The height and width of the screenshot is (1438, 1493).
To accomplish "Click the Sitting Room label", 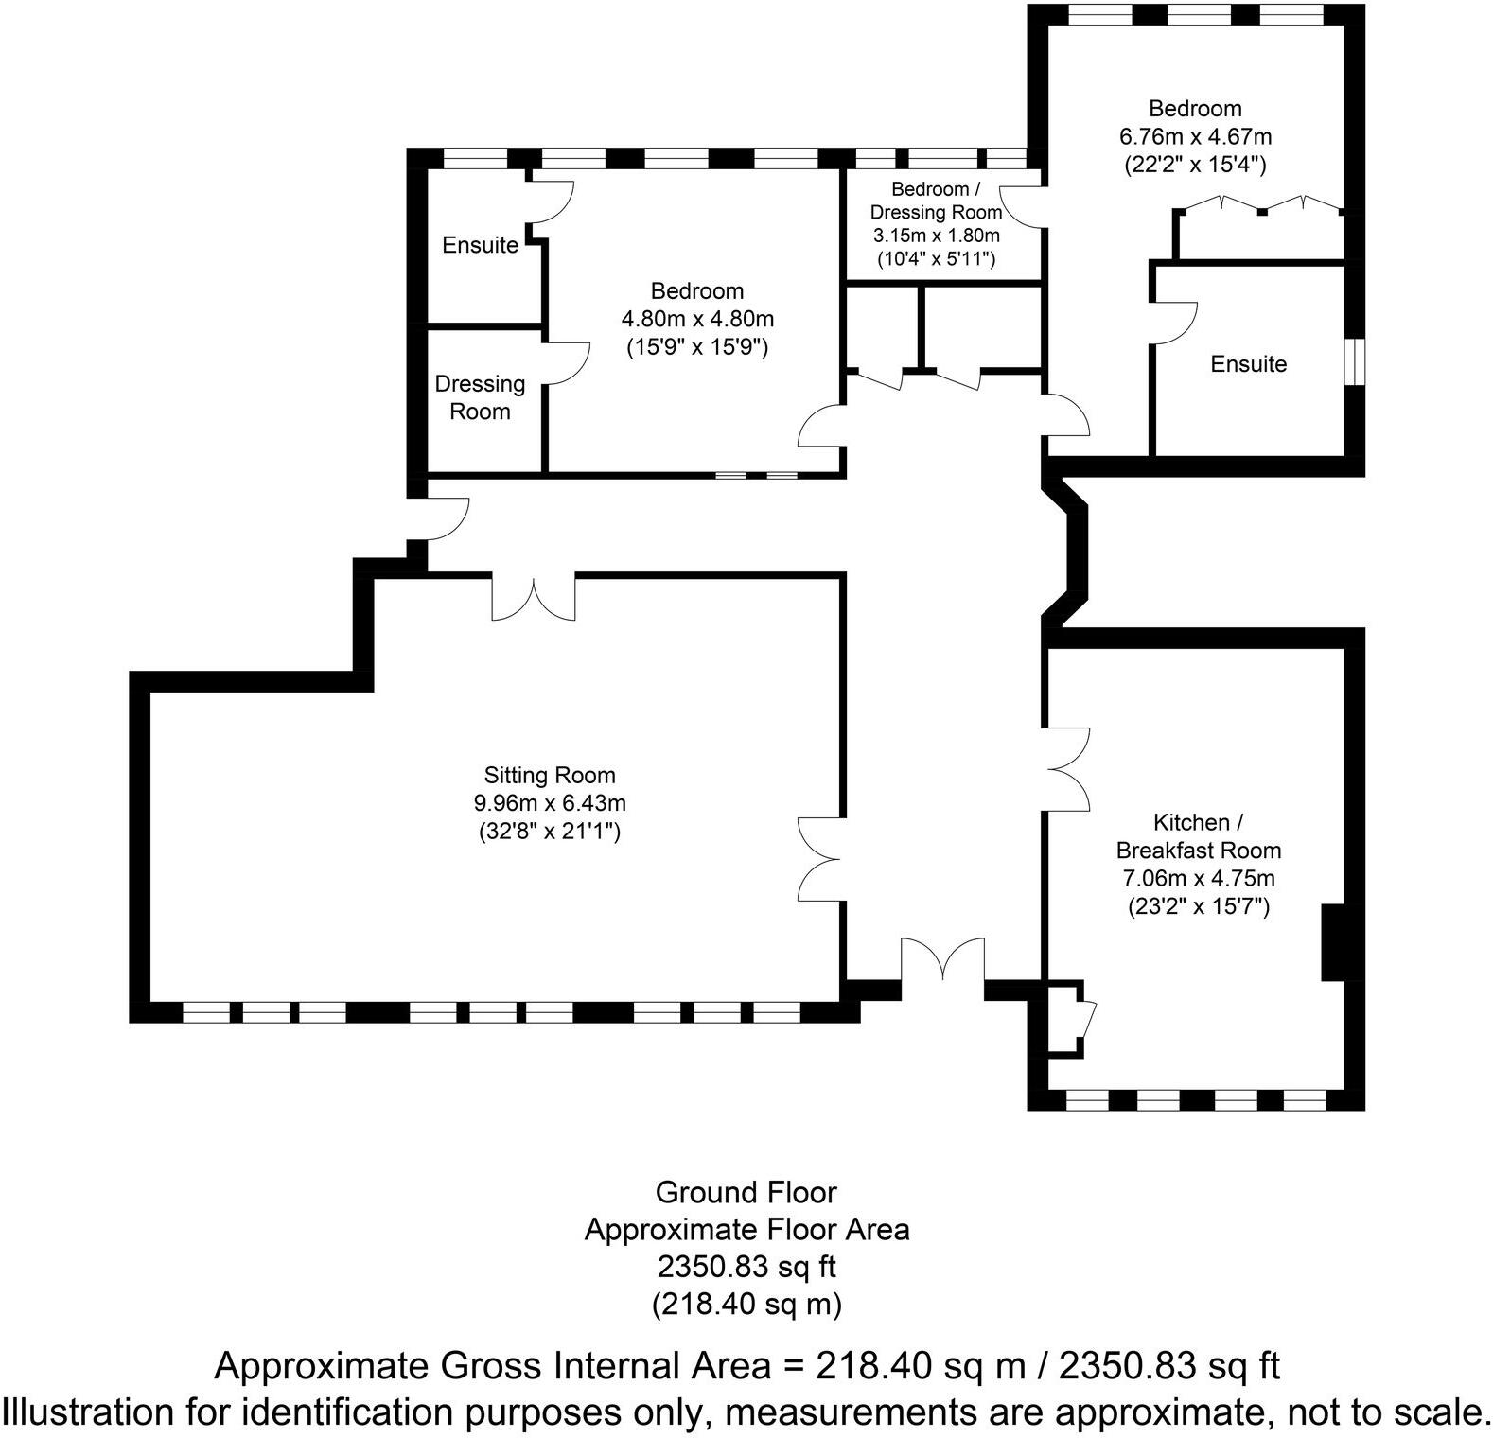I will tap(550, 776).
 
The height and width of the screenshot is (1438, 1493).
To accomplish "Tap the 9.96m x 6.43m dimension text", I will tap(550, 804).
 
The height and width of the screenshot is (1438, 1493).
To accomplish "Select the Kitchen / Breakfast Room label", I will tap(1199, 835).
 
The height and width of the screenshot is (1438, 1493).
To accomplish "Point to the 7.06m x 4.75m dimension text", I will tap(1199, 878).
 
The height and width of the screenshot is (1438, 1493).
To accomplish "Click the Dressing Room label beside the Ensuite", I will tap(480, 397).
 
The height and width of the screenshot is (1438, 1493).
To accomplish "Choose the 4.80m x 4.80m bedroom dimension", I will tap(697, 319).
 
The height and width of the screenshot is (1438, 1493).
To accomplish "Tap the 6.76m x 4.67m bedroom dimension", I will tap(1195, 136).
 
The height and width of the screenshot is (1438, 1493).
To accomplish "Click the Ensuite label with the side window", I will tap(1248, 364).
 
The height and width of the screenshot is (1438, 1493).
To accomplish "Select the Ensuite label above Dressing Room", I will tap(480, 245).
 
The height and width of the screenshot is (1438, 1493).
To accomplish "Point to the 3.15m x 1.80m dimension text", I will tap(936, 235).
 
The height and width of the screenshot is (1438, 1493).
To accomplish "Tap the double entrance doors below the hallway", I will tap(943, 965).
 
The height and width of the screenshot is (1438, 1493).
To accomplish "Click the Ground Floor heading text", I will tap(746, 1192).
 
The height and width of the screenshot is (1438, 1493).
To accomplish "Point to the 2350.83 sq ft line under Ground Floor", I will tap(746, 1266).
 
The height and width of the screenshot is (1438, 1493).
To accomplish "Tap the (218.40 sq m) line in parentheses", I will tap(746, 1305).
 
